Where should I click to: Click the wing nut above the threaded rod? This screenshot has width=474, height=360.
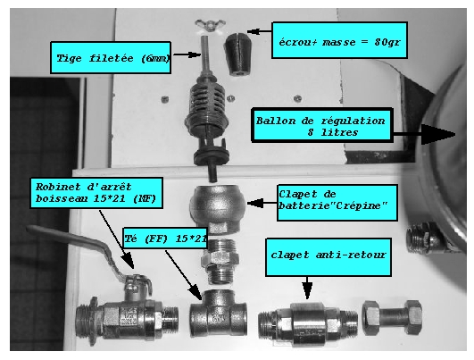coord(210,25)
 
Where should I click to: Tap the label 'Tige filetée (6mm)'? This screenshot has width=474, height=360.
coord(111,57)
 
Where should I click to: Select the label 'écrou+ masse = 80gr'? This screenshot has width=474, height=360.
coord(339,40)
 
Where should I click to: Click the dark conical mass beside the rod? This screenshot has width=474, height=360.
coord(239,54)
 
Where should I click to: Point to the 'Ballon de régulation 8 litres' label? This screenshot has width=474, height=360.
coord(322,125)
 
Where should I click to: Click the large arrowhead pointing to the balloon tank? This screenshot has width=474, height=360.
coord(438,134)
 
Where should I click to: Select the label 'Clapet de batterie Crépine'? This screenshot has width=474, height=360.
coord(337,203)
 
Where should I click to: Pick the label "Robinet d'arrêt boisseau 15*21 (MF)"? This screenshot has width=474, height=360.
coord(96,193)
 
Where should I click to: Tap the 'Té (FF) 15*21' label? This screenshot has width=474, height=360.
coord(165,239)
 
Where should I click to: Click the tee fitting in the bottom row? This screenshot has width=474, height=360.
coord(219,314)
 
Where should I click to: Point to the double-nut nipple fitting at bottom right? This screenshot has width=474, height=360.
coord(392,318)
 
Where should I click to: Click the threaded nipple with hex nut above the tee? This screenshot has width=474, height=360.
coord(220,261)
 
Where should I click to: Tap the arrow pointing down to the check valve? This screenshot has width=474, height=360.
coord(307,288)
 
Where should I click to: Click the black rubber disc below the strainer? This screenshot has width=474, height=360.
coord(212,155)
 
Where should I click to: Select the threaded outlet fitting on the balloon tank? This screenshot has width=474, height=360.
coord(423,238)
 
